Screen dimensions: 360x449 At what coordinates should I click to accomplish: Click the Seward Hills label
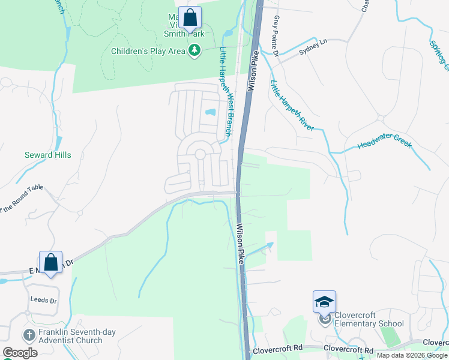click(47, 155)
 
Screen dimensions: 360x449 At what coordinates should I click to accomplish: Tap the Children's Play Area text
click(148, 51)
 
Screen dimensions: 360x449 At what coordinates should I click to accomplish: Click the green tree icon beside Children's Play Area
click(194, 51)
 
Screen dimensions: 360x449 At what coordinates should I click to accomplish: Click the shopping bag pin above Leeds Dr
click(51, 262)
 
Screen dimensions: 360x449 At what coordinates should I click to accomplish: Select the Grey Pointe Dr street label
click(277, 36)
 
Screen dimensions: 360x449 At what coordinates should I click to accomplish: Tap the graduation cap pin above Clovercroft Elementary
click(324, 302)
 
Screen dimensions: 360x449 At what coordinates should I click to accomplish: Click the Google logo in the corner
click(20, 352)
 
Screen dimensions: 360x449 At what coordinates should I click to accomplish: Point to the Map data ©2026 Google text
click(411, 355)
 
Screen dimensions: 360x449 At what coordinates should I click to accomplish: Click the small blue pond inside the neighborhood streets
click(210, 112)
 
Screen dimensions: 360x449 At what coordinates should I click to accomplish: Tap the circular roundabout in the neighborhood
click(200, 155)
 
